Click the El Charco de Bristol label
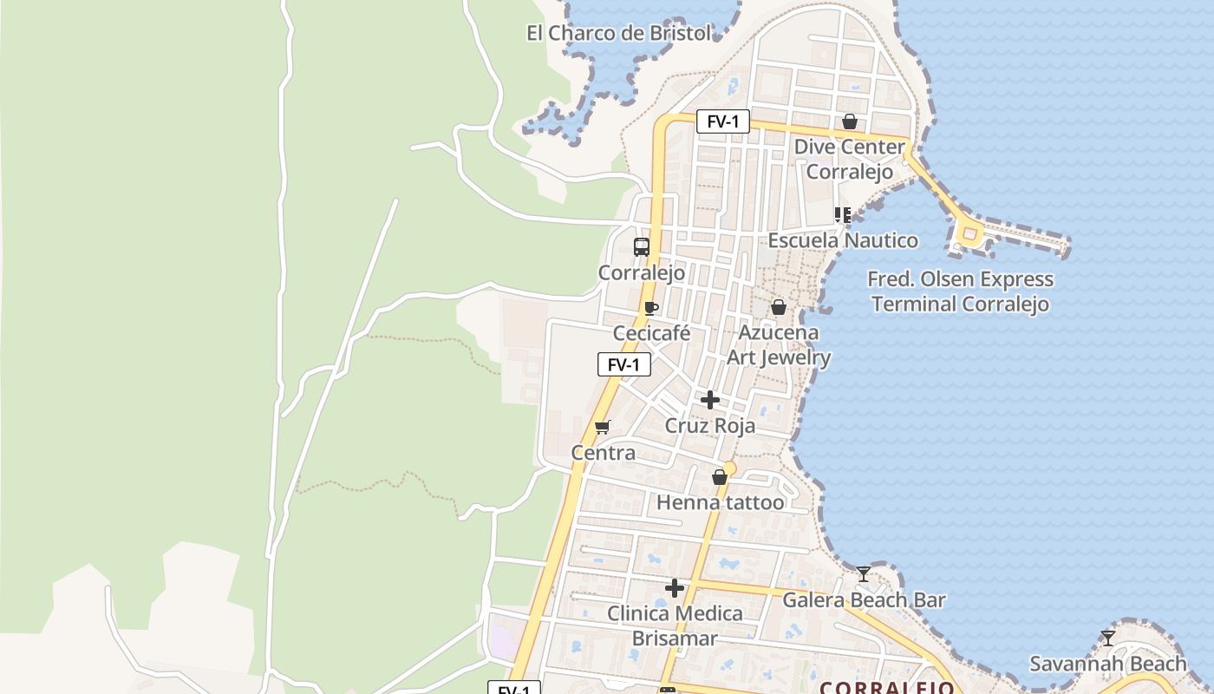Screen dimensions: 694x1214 click(618, 34)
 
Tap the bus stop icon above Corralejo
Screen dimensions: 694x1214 click(642, 247)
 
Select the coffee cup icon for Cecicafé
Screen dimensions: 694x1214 click(651, 308)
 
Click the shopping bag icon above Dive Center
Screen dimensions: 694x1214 click(850, 121)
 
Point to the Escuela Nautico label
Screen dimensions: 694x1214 click(843, 240)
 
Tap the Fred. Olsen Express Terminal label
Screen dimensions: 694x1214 click(960, 291)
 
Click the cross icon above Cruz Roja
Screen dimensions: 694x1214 click(710, 400)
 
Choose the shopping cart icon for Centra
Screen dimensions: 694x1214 click(603, 427)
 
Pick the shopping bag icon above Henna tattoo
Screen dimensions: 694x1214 click(720, 477)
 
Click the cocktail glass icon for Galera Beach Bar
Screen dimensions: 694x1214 click(864, 574)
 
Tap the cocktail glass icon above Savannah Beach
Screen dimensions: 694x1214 click(1108, 638)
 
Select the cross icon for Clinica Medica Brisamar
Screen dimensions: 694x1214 click(674, 588)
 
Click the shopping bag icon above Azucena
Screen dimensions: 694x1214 click(779, 307)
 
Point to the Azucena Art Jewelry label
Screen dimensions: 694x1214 click(778, 345)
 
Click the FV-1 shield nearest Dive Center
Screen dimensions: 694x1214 click(722, 121)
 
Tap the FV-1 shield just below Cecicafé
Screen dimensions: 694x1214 click(623, 365)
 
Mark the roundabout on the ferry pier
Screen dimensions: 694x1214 click(969, 232)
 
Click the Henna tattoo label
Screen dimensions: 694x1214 click(720, 502)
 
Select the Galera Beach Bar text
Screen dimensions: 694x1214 click(864, 600)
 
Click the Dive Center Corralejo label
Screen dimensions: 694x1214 click(849, 159)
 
